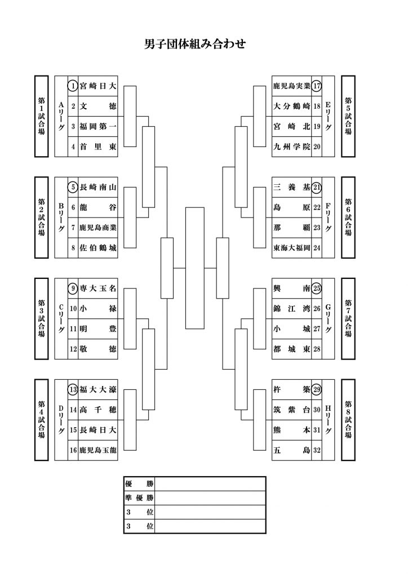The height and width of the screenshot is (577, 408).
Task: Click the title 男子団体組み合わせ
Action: [194, 44]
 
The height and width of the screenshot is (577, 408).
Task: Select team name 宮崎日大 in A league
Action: [98, 86]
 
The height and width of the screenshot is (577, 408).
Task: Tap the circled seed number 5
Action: [73, 187]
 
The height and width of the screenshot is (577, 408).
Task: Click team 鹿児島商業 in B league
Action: [98, 228]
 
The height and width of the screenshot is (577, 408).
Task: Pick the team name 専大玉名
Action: [98, 288]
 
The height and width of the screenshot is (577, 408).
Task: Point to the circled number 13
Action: [73, 390]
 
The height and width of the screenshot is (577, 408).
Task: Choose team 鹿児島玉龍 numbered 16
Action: [98, 450]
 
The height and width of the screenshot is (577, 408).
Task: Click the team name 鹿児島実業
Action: [292, 86]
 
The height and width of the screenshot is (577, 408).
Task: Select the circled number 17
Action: [317, 86]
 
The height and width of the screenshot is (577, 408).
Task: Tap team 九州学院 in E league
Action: [292, 147]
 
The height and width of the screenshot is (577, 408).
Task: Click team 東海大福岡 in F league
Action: [292, 248]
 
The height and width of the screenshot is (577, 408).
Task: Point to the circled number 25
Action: [317, 288]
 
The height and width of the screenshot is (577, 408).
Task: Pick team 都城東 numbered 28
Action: [292, 349]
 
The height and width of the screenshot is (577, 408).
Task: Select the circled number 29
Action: [317, 390]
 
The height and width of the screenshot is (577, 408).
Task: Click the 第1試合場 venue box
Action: [42, 116]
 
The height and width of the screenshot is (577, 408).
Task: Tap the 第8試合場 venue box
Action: [348, 420]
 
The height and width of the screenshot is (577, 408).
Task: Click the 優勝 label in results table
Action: [139, 484]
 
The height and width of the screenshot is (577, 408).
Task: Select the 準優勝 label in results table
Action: [139, 498]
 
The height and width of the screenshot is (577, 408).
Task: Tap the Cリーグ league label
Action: [61, 319]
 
